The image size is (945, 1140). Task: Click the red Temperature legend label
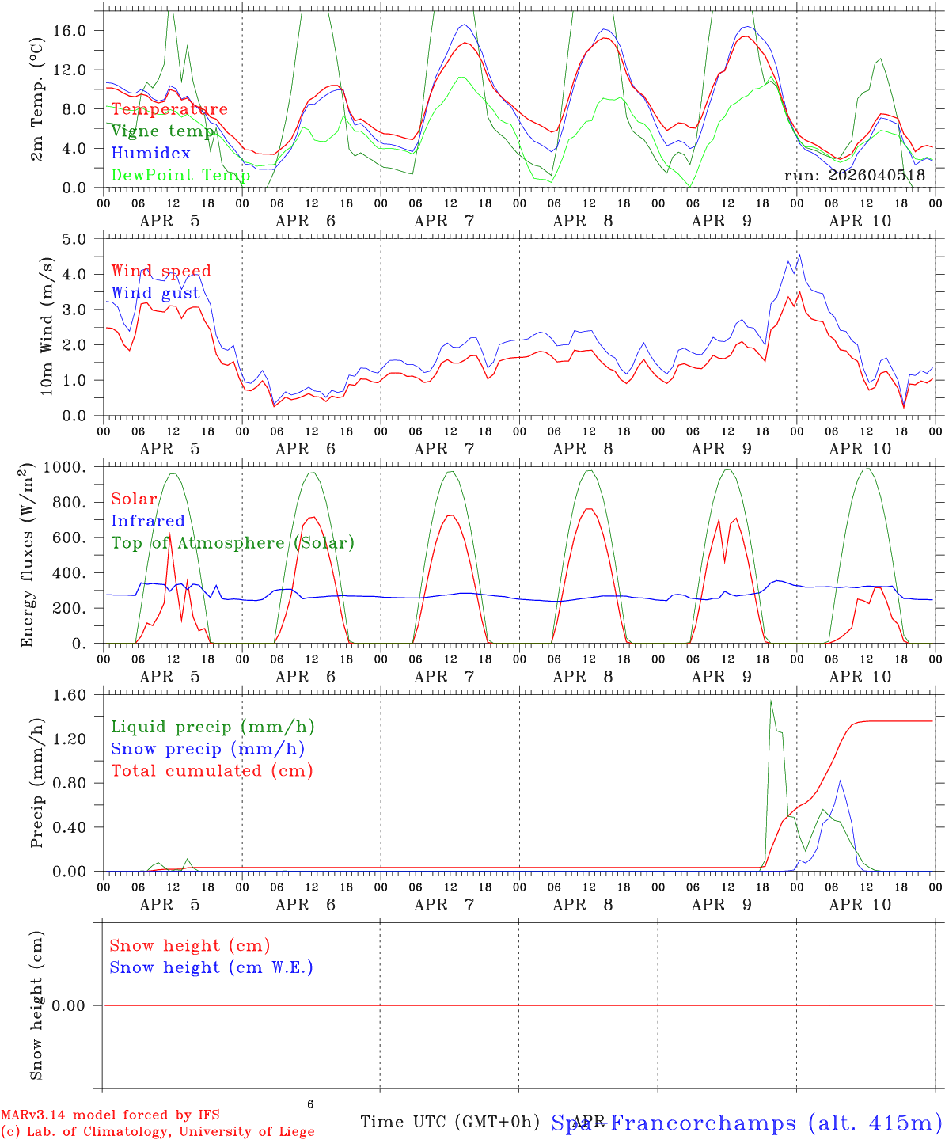[169, 109]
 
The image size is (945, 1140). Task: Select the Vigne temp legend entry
[162, 131]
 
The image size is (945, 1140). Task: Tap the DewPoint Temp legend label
[180, 175]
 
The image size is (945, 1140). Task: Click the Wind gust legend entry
[155, 293]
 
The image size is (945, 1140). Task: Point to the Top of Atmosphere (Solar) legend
[232, 543]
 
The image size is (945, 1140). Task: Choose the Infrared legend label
[147, 521]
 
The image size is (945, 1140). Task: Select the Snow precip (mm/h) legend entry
[207, 749]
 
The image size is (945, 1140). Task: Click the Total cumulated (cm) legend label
[211, 770]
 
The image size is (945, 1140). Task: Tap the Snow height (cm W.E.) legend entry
[211, 967]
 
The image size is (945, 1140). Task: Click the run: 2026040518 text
[854, 175]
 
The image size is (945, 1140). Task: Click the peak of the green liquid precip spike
[771, 701]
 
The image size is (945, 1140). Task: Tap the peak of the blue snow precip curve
[840, 781]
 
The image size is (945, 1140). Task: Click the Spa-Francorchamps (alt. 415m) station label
[746, 1123]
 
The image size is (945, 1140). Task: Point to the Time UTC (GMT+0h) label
[450, 1122]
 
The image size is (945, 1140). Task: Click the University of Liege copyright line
[157, 1131]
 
